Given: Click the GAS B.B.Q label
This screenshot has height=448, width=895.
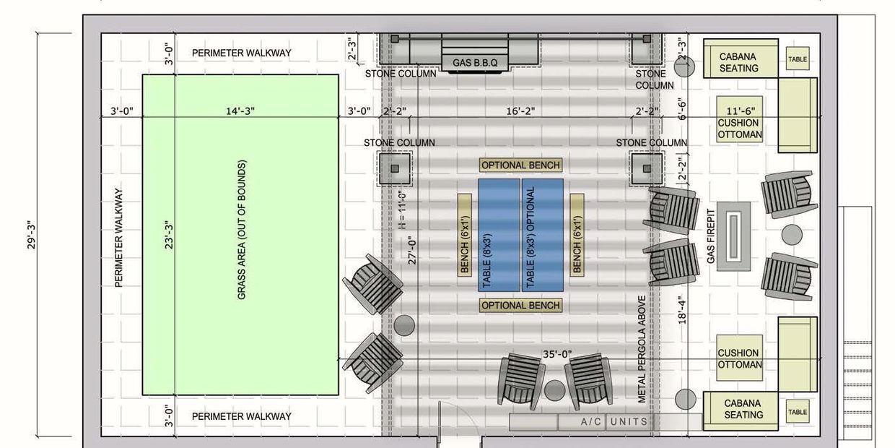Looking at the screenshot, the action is tap(475, 63).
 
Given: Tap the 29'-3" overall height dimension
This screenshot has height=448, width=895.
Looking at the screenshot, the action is tap(32, 236).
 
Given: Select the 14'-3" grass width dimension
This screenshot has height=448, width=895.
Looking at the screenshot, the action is tap(240, 111).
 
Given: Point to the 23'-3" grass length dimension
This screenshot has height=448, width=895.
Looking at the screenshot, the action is tap(169, 234).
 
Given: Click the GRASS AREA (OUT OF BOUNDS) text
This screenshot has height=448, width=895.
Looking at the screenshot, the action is tap(242, 230).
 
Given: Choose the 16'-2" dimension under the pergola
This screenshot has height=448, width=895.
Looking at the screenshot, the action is tap(520, 111).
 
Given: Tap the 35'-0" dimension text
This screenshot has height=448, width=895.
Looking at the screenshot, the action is tap(557, 354).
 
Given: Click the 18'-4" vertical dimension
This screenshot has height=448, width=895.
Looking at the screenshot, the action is tap(682, 310).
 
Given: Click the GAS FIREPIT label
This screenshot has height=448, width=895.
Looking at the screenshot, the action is tap(710, 236).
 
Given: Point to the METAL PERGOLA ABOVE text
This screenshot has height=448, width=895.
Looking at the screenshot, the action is tap(642, 349).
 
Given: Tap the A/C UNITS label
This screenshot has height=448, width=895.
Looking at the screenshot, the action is tap(614, 421).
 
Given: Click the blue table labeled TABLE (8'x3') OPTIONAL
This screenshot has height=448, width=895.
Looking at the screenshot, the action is tap(543, 236).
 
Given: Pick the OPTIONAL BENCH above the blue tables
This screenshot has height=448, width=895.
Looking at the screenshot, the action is tap(520, 165).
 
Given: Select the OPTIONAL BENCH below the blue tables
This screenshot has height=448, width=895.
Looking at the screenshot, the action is tap(520, 305).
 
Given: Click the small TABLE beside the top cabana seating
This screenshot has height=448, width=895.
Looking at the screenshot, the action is tap(798, 59).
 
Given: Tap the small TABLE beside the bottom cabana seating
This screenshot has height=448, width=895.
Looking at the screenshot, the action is tap(798, 412).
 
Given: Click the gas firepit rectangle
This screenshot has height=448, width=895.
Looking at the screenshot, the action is tap(733, 236).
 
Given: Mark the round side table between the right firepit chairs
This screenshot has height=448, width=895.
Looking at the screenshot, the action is tap(792, 235).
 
